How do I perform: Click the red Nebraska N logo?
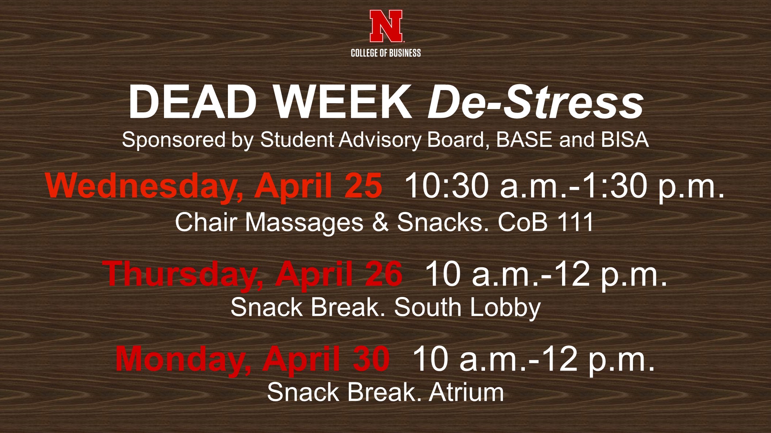386,26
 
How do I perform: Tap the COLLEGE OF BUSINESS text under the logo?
386,53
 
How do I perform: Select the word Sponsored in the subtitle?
173,140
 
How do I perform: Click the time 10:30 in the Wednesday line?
447,186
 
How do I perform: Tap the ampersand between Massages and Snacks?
380,222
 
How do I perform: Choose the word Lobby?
505,308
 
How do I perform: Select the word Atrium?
466,393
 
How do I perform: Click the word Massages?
304,223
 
